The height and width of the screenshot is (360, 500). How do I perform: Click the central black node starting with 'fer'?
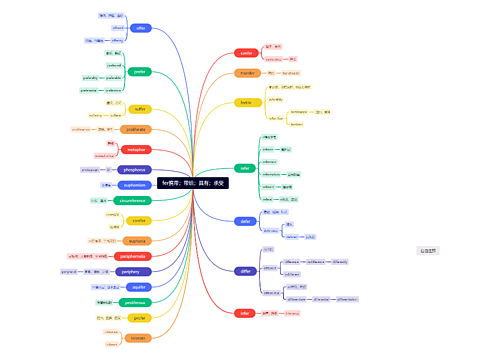pos(193,183)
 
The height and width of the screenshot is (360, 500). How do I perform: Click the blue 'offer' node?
pos(141,29)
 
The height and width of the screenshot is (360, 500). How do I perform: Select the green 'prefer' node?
pos(141,72)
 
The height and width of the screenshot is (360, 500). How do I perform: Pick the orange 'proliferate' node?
pos(137,129)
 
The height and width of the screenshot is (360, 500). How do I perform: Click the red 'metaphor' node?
pos(137,150)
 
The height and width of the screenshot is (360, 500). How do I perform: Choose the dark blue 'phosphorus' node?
pos(134,170)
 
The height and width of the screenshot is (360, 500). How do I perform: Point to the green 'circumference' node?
pos(133,201)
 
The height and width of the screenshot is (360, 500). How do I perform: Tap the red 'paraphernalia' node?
pos(136,257)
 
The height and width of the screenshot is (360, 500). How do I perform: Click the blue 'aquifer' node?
pos(139,286)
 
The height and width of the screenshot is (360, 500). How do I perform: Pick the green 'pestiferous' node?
pos(137,302)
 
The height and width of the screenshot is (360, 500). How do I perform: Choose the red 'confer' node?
pos(247,53)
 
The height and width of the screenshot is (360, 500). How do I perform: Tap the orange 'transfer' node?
pos(247,73)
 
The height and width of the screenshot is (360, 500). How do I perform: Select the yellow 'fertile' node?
pos(246,102)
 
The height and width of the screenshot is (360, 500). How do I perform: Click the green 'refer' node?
pos(245,168)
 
